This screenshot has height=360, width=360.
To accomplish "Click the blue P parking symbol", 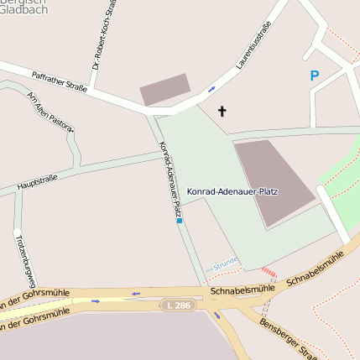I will click(x=315, y=76).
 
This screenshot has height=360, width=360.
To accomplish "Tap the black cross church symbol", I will click(x=222, y=111).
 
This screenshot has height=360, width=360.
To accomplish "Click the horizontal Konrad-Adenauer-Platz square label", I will click(x=232, y=191).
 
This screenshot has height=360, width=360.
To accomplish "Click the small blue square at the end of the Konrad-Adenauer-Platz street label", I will click(x=180, y=222).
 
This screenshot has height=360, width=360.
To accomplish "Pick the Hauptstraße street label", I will click(x=36, y=181).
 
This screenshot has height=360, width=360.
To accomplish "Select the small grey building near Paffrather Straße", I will click(x=165, y=89).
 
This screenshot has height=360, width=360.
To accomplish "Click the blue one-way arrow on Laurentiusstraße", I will click(x=211, y=88).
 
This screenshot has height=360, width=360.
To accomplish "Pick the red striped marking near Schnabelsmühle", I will click(x=269, y=272).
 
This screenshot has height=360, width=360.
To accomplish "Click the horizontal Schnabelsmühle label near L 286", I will click(x=243, y=290).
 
